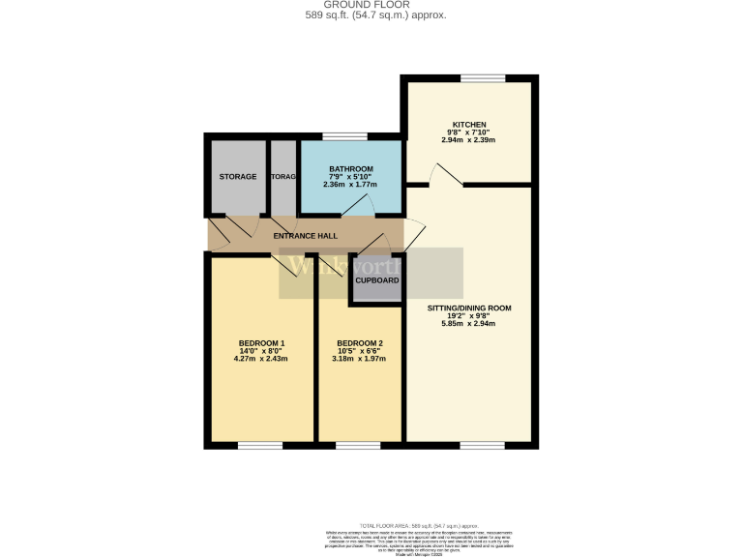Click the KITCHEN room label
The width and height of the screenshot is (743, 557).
click(x=469, y=124)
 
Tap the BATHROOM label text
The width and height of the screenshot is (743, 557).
click(x=351, y=169)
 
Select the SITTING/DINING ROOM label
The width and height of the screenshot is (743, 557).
click(x=469, y=308)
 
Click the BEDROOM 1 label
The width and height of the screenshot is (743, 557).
click(x=261, y=343)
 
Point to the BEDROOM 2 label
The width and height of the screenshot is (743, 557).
click(x=360, y=343)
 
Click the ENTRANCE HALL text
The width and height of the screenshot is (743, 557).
click(x=305, y=236)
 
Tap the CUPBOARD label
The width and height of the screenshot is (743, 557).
click(x=376, y=280)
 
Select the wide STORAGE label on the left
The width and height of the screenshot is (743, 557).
click(x=238, y=177)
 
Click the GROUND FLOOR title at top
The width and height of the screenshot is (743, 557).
click(x=371, y=5)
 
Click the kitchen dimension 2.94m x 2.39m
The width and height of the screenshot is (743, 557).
click(x=469, y=140)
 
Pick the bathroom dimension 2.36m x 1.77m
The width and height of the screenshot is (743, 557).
click(x=351, y=185)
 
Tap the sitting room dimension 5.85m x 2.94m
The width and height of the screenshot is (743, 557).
click(x=469, y=324)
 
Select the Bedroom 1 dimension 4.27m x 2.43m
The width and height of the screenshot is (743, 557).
click(x=261, y=359)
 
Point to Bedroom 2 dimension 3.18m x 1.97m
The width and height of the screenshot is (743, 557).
click(x=360, y=359)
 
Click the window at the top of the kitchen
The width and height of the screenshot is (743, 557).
click(x=482, y=78)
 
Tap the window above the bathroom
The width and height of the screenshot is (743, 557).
click(x=339, y=136)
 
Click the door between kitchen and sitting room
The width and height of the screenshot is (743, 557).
click(x=444, y=176)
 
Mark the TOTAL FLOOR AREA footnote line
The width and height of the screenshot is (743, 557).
click(x=419, y=523)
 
